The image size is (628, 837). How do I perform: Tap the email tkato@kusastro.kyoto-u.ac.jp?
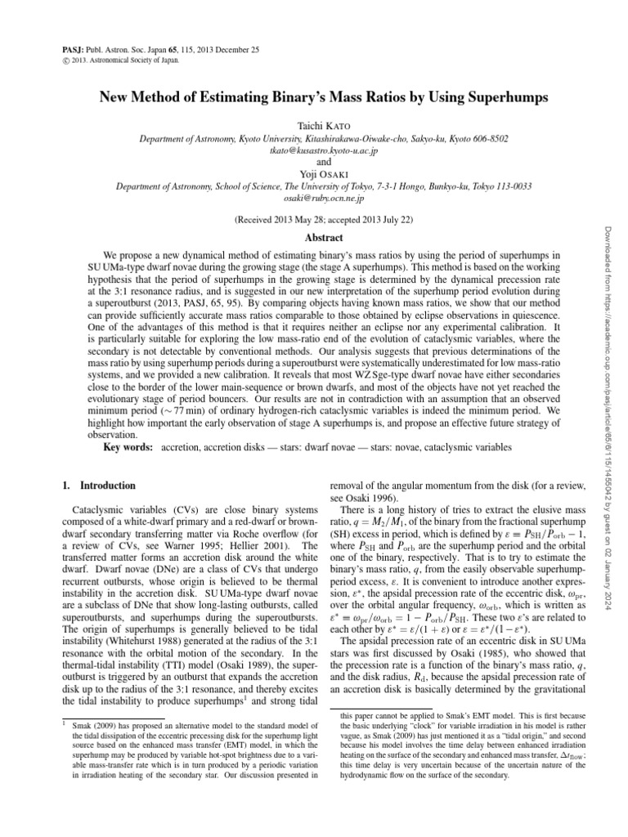coord(314,151)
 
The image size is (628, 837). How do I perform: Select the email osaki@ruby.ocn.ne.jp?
coord(314,198)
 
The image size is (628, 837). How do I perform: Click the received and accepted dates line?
coord(314,220)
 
